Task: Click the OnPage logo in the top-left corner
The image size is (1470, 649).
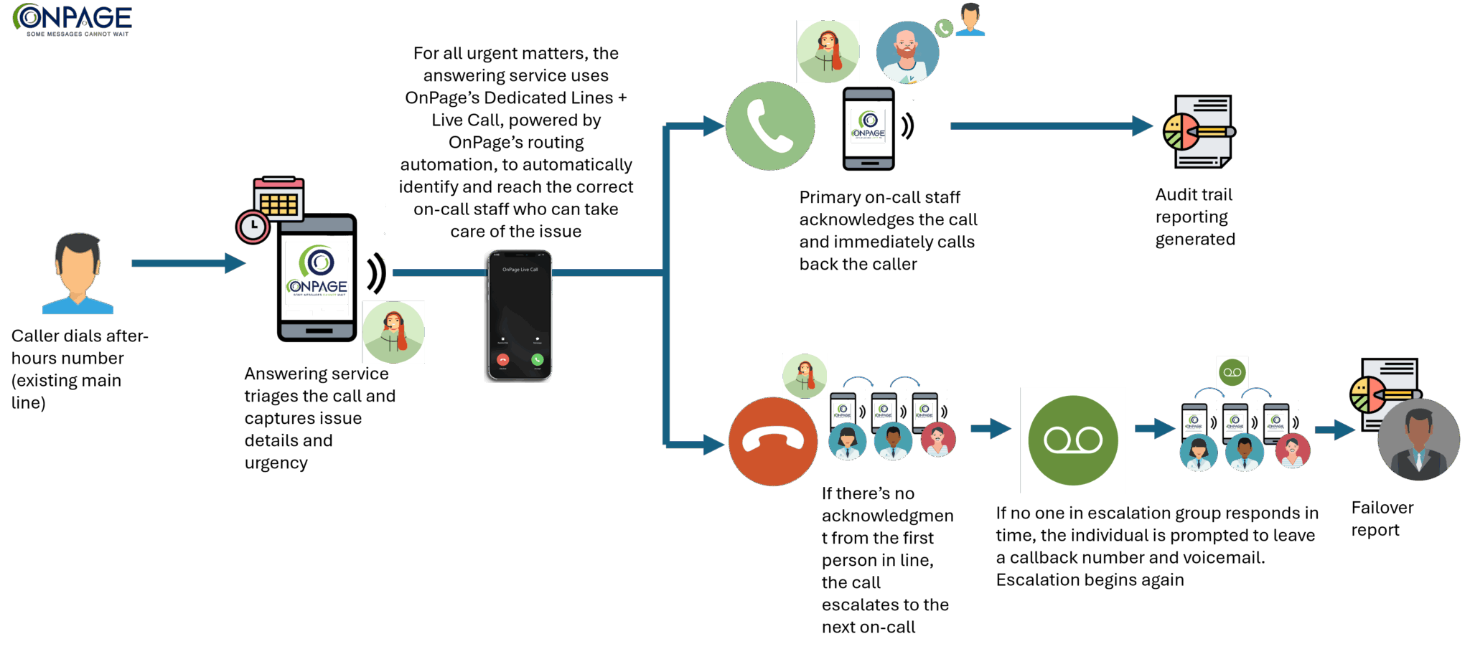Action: click(72, 19)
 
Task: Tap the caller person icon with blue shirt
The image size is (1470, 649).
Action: click(78, 274)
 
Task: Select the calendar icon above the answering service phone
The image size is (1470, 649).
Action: click(278, 199)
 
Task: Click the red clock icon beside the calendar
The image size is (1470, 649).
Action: click(253, 227)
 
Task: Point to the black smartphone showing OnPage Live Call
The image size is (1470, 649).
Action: click(520, 316)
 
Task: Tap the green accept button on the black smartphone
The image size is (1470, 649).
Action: click(537, 359)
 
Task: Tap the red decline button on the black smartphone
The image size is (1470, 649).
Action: click(502, 359)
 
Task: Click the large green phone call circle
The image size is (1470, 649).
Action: click(770, 126)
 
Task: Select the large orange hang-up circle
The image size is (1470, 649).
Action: click(773, 442)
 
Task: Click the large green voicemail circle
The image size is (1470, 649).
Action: click(1073, 440)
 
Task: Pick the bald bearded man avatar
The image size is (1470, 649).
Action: click(907, 52)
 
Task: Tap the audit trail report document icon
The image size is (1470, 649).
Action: click(1200, 132)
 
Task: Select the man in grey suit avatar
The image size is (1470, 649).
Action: click(1418, 440)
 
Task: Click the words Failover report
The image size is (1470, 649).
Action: click(1382, 518)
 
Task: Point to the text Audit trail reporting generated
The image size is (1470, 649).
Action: click(1194, 217)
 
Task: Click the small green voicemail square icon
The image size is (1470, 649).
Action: click(1232, 372)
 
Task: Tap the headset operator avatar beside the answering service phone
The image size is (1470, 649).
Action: click(393, 332)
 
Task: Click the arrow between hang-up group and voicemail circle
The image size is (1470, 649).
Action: click(991, 429)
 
